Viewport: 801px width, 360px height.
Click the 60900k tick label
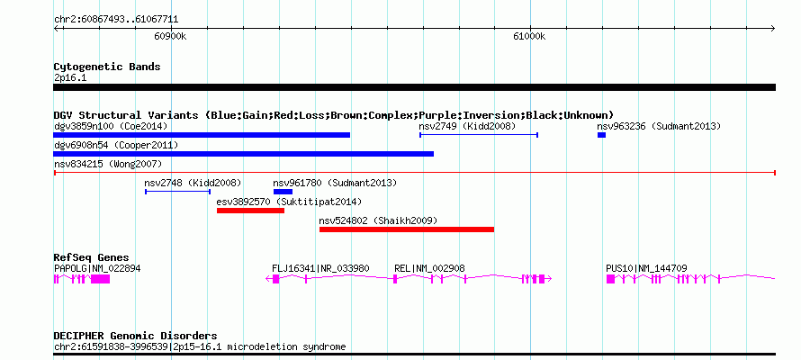tap(170, 36)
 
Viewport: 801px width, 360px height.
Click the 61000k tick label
tap(530, 36)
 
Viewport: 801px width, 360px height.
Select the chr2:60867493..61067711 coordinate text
tap(116, 20)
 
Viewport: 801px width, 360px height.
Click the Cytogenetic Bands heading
tap(107, 67)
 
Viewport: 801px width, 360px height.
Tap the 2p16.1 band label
tap(70, 78)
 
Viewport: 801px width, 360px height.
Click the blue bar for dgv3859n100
tap(202, 135)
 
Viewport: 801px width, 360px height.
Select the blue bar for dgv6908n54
tap(243, 154)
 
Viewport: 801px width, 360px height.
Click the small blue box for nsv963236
tap(602, 135)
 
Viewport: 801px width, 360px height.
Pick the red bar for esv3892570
tap(250, 211)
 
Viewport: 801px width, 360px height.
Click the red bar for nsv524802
tap(407, 229)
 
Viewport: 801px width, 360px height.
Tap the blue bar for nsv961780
tap(283, 192)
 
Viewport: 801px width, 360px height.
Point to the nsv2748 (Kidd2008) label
tap(193, 183)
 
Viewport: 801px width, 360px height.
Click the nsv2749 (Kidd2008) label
tap(467, 126)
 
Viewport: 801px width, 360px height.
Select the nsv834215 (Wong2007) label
tap(108, 164)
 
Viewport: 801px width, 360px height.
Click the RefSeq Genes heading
tap(92, 257)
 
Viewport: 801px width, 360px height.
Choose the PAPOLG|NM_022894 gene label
tap(97, 268)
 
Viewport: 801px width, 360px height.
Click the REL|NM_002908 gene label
tap(429, 268)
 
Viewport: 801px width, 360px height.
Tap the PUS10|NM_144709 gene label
tap(646, 268)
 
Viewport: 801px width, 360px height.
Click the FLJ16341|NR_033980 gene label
tap(320, 268)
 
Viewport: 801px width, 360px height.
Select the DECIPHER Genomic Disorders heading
tap(135, 336)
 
